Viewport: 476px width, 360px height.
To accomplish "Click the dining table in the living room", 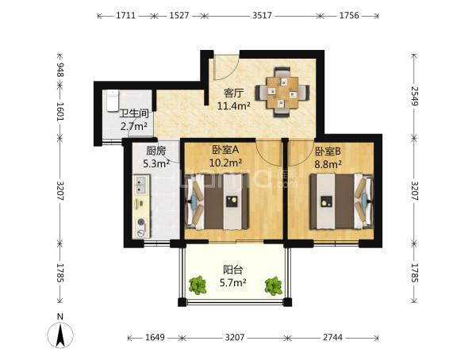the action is pos(282,93).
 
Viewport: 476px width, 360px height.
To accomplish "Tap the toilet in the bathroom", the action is pos(113,101).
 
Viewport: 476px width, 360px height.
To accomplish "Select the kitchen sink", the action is pos(140,185).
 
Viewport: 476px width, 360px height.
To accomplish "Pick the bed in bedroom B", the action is pos(341,201).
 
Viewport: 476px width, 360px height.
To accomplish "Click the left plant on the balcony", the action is pos(198,285).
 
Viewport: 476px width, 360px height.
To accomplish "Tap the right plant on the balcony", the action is pos(273,285).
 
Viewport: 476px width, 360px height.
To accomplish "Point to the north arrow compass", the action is pos(60,335).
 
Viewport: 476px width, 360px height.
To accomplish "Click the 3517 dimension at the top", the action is pos(262,15).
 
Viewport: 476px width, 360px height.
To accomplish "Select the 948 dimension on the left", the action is pos(60,70).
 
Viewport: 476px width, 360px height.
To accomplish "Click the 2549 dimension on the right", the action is pos(415,96).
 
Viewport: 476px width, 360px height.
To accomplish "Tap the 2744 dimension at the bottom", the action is pos(332,337).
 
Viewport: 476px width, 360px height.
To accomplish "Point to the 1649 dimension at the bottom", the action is pos(155,337).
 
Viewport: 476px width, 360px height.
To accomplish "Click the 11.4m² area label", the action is pos(234,105).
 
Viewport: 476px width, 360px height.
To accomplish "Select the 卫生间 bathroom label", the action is pos(134,114).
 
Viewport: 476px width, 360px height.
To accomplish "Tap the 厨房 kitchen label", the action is pos(156,151).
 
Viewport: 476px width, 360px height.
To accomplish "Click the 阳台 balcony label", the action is pos(232,270).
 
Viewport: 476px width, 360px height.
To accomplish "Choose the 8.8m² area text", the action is pos(328,164).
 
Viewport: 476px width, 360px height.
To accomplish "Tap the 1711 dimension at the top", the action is pos(125,15).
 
